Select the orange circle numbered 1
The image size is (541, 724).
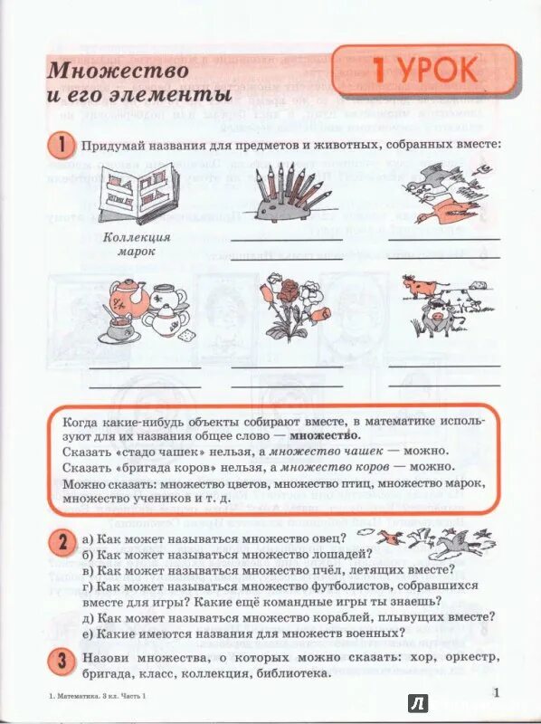click(x=60, y=145)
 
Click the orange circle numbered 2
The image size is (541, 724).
click(x=60, y=542)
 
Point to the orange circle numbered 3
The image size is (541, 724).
click(x=60, y=661)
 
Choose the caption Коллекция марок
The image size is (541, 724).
click(x=132, y=244)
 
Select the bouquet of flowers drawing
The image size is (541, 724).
click(x=292, y=308)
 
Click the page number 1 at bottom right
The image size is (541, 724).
click(x=497, y=692)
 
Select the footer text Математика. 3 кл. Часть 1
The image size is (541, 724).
click(x=95, y=695)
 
